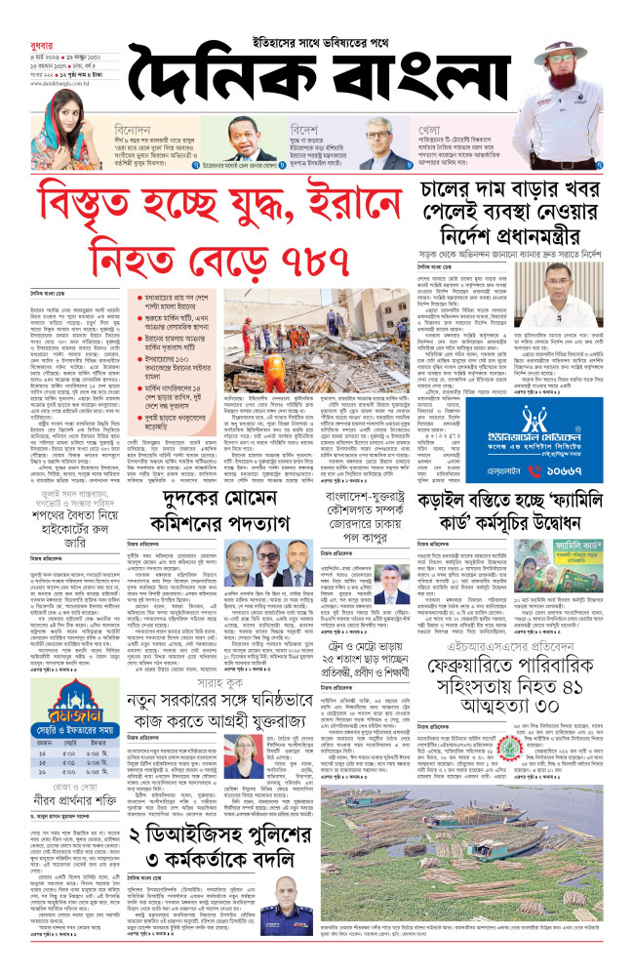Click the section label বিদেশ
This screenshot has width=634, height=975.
(305, 128)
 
